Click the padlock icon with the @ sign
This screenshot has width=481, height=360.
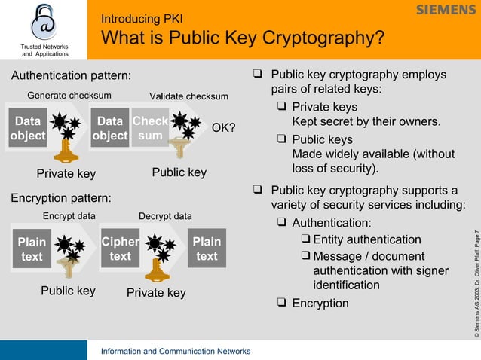[44, 23]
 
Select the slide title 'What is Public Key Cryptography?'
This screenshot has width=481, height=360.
[243, 38]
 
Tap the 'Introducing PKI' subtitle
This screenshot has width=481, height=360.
[142, 18]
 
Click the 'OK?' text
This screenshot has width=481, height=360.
[223, 127]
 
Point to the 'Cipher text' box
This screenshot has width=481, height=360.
[120, 249]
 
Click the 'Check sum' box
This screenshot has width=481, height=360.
[150, 128]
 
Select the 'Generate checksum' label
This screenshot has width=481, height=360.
[69, 95]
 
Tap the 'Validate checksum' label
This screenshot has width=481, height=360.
[188, 96]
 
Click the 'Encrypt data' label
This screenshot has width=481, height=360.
[69, 216]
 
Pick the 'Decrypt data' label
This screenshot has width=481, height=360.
[165, 216]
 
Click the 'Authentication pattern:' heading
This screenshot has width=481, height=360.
[71, 75]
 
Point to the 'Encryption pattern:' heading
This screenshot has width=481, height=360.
[60, 197]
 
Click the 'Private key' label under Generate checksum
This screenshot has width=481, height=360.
[66, 174]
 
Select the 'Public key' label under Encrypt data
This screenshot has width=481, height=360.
[68, 290]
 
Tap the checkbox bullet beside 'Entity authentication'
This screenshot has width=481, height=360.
[306, 239]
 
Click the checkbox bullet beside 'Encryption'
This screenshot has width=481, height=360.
[281, 303]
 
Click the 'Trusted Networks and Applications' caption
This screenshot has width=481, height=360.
[44, 50]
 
